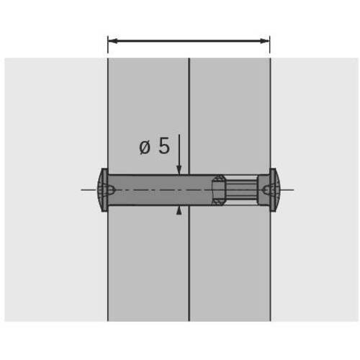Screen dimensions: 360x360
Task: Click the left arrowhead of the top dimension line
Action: point(112,41)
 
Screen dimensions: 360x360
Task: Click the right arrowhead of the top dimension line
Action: point(265,41)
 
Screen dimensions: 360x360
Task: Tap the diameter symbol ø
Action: point(145,147)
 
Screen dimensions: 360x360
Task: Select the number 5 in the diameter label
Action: point(164,146)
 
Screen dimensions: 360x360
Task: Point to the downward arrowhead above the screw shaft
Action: point(179,170)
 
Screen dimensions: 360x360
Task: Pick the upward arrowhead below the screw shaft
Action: point(179,210)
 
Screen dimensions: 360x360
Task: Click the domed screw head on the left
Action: point(102,190)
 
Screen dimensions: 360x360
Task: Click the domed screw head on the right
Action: point(275,190)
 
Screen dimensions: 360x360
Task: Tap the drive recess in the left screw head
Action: point(109,190)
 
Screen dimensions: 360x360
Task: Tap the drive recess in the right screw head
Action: point(266,190)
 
